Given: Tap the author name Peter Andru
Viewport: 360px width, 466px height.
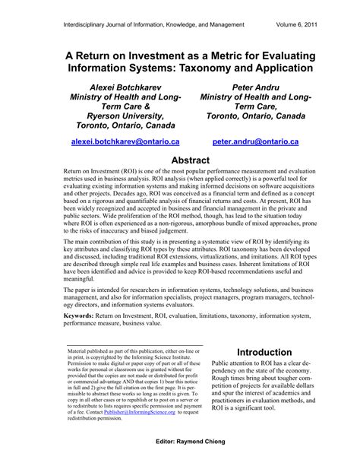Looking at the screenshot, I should click(x=244, y=86).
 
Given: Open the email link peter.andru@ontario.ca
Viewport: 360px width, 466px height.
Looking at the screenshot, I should click(x=245, y=141).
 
